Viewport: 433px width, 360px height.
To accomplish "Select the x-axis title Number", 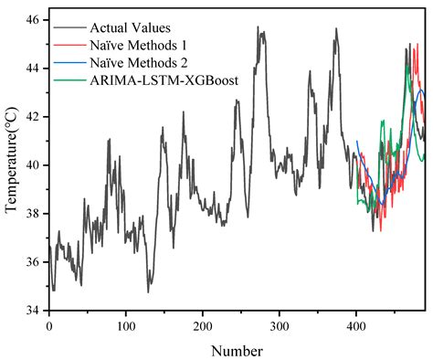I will pos(237,350).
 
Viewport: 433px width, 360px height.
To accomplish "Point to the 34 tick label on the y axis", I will pos(31,311).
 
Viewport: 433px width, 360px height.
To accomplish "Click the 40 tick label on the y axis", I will pos(31,165).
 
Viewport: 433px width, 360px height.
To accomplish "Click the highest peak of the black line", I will pos(259,27).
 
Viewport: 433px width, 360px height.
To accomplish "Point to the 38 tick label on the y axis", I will pos(31,214).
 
